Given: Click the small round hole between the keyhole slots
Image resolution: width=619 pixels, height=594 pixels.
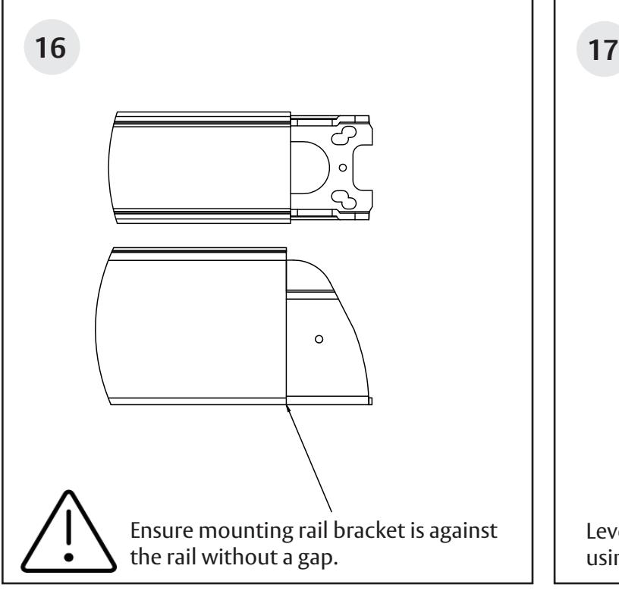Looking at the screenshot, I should pos(342,167).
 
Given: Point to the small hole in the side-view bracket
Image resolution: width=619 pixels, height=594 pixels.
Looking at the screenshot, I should pos(319,339).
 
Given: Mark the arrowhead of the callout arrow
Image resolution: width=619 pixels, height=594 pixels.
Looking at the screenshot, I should pos(288,409).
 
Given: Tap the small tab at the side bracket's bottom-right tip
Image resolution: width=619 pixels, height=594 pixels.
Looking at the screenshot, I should pos(369,401).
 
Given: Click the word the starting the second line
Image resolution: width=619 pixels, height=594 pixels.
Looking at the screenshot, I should pos(145,535).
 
